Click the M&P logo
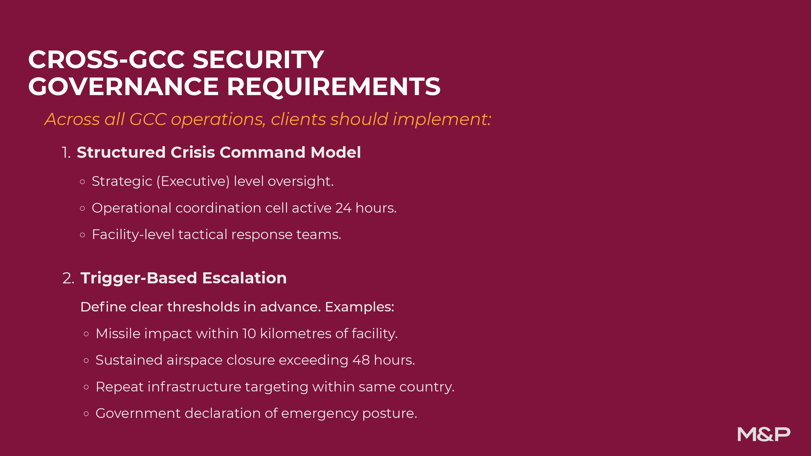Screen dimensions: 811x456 pyautogui.click(x=764, y=434)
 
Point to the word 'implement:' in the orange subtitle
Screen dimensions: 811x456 pyautogui.click(x=442, y=120)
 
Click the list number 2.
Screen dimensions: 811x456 pyautogui.click(x=68, y=279)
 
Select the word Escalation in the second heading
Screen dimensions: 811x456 pyautogui.click(x=244, y=278)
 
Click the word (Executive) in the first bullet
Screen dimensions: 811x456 pyautogui.click(x=193, y=182)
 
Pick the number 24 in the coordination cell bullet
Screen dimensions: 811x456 pyautogui.click(x=343, y=208)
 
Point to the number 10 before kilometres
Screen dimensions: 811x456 pyautogui.click(x=249, y=334)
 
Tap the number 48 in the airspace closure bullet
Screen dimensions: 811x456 pyautogui.click(x=361, y=360)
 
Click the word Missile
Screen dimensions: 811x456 pyautogui.click(x=118, y=334)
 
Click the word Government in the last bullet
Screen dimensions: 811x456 pyautogui.click(x=138, y=414)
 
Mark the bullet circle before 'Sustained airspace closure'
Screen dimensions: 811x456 pyautogui.click(x=86, y=361)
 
